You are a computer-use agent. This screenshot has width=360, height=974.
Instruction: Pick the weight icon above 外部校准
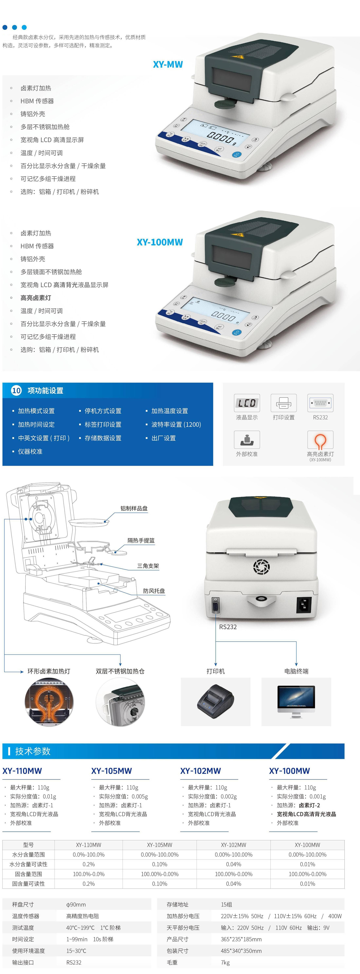[247, 440]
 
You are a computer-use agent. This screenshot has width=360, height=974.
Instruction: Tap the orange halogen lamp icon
[320, 440]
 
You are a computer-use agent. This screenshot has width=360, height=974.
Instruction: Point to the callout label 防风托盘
[154, 591]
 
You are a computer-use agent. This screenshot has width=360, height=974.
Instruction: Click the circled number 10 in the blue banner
[16, 391]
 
